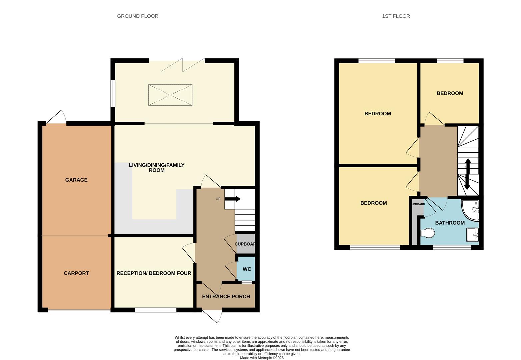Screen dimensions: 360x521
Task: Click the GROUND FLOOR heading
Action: [x=137, y=16]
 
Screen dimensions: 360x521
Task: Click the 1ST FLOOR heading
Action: [x=396, y=16]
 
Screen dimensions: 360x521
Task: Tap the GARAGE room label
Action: [x=76, y=180]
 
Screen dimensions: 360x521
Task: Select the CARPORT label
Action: [x=76, y=273]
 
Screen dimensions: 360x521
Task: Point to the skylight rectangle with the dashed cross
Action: [x=170, y=95]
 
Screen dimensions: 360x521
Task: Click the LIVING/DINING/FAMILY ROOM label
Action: [x=157, y=168]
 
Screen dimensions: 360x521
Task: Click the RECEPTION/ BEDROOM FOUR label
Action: [x=154, y=273]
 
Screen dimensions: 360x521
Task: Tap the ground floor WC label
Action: [x=247, y=269]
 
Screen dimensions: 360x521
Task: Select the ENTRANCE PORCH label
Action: [x=226, y=297]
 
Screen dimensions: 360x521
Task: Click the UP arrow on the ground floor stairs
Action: [x=233, y=199]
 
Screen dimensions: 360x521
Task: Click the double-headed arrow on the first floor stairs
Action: [x=467, y=174]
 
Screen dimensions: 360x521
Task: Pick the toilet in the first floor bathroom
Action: [x=428, y=233]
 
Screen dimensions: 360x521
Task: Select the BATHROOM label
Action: [x=450, y=223]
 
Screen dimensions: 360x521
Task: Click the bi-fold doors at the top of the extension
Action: [x=182, y=65]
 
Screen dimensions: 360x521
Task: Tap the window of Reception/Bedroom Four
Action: [x=156, y=310]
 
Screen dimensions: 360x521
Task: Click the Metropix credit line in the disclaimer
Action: [x=262, y=358]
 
